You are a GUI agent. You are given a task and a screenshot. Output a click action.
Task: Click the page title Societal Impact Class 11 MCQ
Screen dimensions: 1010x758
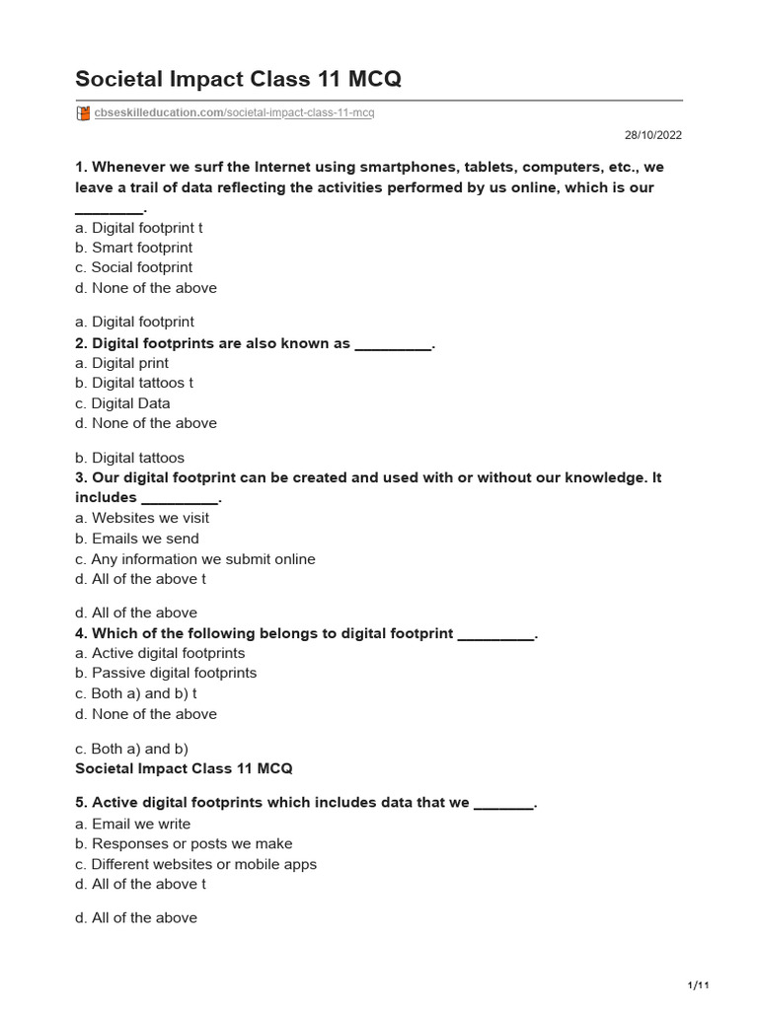point(238,79)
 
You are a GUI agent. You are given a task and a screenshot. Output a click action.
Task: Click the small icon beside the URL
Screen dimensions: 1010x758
point(83,113)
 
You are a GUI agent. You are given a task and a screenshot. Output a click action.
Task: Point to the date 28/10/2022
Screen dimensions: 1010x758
point(652,136)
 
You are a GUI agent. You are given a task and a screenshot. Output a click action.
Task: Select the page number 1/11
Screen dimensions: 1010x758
point(698,985)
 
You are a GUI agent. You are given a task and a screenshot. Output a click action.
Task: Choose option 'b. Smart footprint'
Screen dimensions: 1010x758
point(133,248)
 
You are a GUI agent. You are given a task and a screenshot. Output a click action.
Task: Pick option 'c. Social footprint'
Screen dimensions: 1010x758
point(133,267)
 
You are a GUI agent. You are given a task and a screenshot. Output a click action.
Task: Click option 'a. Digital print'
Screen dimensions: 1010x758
point(121,363)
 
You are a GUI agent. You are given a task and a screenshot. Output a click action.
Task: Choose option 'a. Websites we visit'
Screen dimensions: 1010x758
point(142,518)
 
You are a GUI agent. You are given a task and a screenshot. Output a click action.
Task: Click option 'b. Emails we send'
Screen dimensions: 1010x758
point(137,539)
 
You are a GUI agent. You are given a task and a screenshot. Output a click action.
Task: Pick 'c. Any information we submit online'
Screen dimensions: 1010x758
point(195,559)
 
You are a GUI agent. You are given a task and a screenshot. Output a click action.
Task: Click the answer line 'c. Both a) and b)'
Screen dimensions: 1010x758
point(131,749)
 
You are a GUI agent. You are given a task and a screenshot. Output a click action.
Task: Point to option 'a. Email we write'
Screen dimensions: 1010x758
point(133,824)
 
